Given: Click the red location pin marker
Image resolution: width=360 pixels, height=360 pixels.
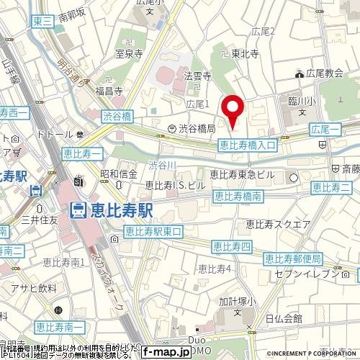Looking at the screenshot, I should [233, 112].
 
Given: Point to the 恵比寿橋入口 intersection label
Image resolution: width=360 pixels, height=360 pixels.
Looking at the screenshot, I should [248, 145].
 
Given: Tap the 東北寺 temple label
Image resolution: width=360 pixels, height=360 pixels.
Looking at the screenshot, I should [246, 53].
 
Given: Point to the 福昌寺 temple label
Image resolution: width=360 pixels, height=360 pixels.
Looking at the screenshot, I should [108, 91].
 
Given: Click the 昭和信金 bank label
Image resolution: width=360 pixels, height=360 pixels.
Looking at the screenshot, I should [119, 174].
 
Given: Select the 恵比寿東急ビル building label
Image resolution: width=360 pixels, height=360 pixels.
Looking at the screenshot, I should [244, 174].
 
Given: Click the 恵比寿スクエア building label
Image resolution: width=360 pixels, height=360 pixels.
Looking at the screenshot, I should [276, 223].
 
